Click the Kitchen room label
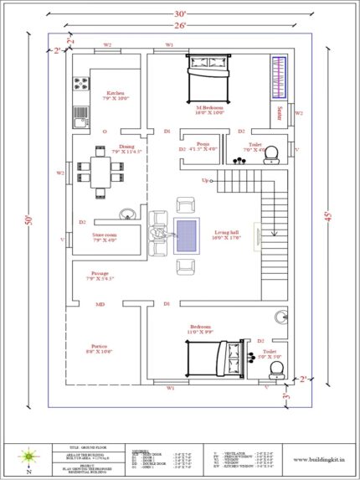click(x=116, y=93)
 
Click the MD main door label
click(x=100, y=304)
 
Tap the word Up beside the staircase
click(x=204, y=181)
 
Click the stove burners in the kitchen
click(x=82, y=84)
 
